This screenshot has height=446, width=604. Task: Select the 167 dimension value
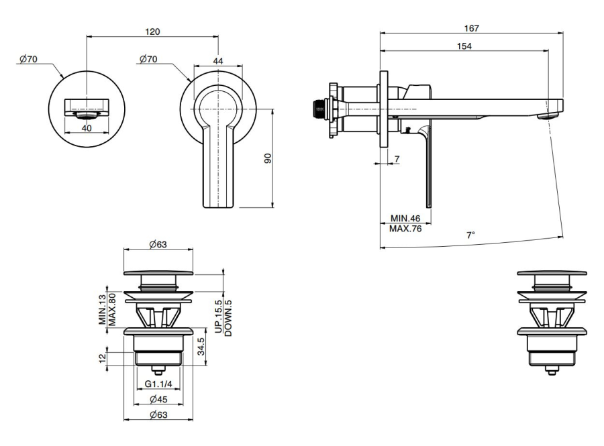click(x=472, y=28)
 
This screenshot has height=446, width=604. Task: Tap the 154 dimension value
click(x=464, y=46)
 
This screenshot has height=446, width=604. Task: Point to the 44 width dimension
click(x=217, y=60)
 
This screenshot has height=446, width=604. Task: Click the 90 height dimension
click(x=267, y=159)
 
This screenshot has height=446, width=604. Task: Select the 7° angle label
click(x=471, y=235)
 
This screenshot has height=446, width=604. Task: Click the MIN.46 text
click(x=405, y=219)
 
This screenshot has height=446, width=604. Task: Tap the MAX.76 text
click(x=405, y=229)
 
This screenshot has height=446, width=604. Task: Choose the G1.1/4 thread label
click(x=159, y=384)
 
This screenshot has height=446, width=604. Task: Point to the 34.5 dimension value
click(x=201, y=348)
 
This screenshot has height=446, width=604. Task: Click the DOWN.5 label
click(x=229, y=314)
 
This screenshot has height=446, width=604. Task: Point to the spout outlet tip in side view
click(x=549, y=115)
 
